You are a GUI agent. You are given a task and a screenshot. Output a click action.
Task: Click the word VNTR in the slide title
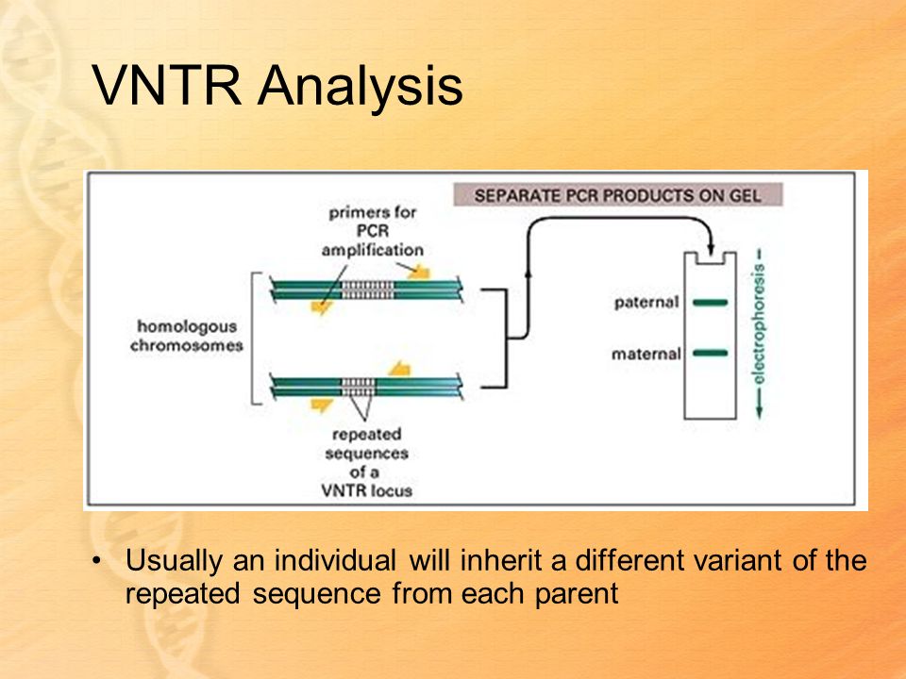point(166,86)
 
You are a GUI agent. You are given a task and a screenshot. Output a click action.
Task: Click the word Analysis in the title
point(361,87)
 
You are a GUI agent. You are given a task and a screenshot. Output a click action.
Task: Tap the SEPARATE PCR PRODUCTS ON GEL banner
point(617,195)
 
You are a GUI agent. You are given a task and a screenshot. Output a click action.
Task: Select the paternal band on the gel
point(710,302)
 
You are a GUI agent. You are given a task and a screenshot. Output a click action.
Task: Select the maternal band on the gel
point(710,353)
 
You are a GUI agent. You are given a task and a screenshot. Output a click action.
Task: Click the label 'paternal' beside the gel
point(646,303)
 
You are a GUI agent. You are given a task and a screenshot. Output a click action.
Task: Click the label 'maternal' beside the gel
point(646,354)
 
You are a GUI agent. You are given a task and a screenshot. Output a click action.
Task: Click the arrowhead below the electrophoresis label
point(759,412)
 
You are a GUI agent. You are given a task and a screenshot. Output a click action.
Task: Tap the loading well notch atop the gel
point(710,258)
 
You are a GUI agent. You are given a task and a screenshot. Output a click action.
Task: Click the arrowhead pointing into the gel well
point(711,249)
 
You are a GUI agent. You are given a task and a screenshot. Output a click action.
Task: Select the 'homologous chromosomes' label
point(187,336)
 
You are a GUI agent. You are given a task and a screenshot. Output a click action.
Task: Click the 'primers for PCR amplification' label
point(373,232)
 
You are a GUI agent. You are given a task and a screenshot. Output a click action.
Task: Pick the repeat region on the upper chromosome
point(367,290)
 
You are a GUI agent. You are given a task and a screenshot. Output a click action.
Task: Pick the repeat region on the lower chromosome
point(358,387)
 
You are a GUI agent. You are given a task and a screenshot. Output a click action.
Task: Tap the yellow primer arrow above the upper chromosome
point(419,272)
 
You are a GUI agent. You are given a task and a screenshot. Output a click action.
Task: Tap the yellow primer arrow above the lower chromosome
point(399,369)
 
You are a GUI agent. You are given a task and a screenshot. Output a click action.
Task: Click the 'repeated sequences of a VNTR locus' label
point(367,462)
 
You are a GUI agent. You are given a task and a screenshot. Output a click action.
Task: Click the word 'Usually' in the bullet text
point(174,561)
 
